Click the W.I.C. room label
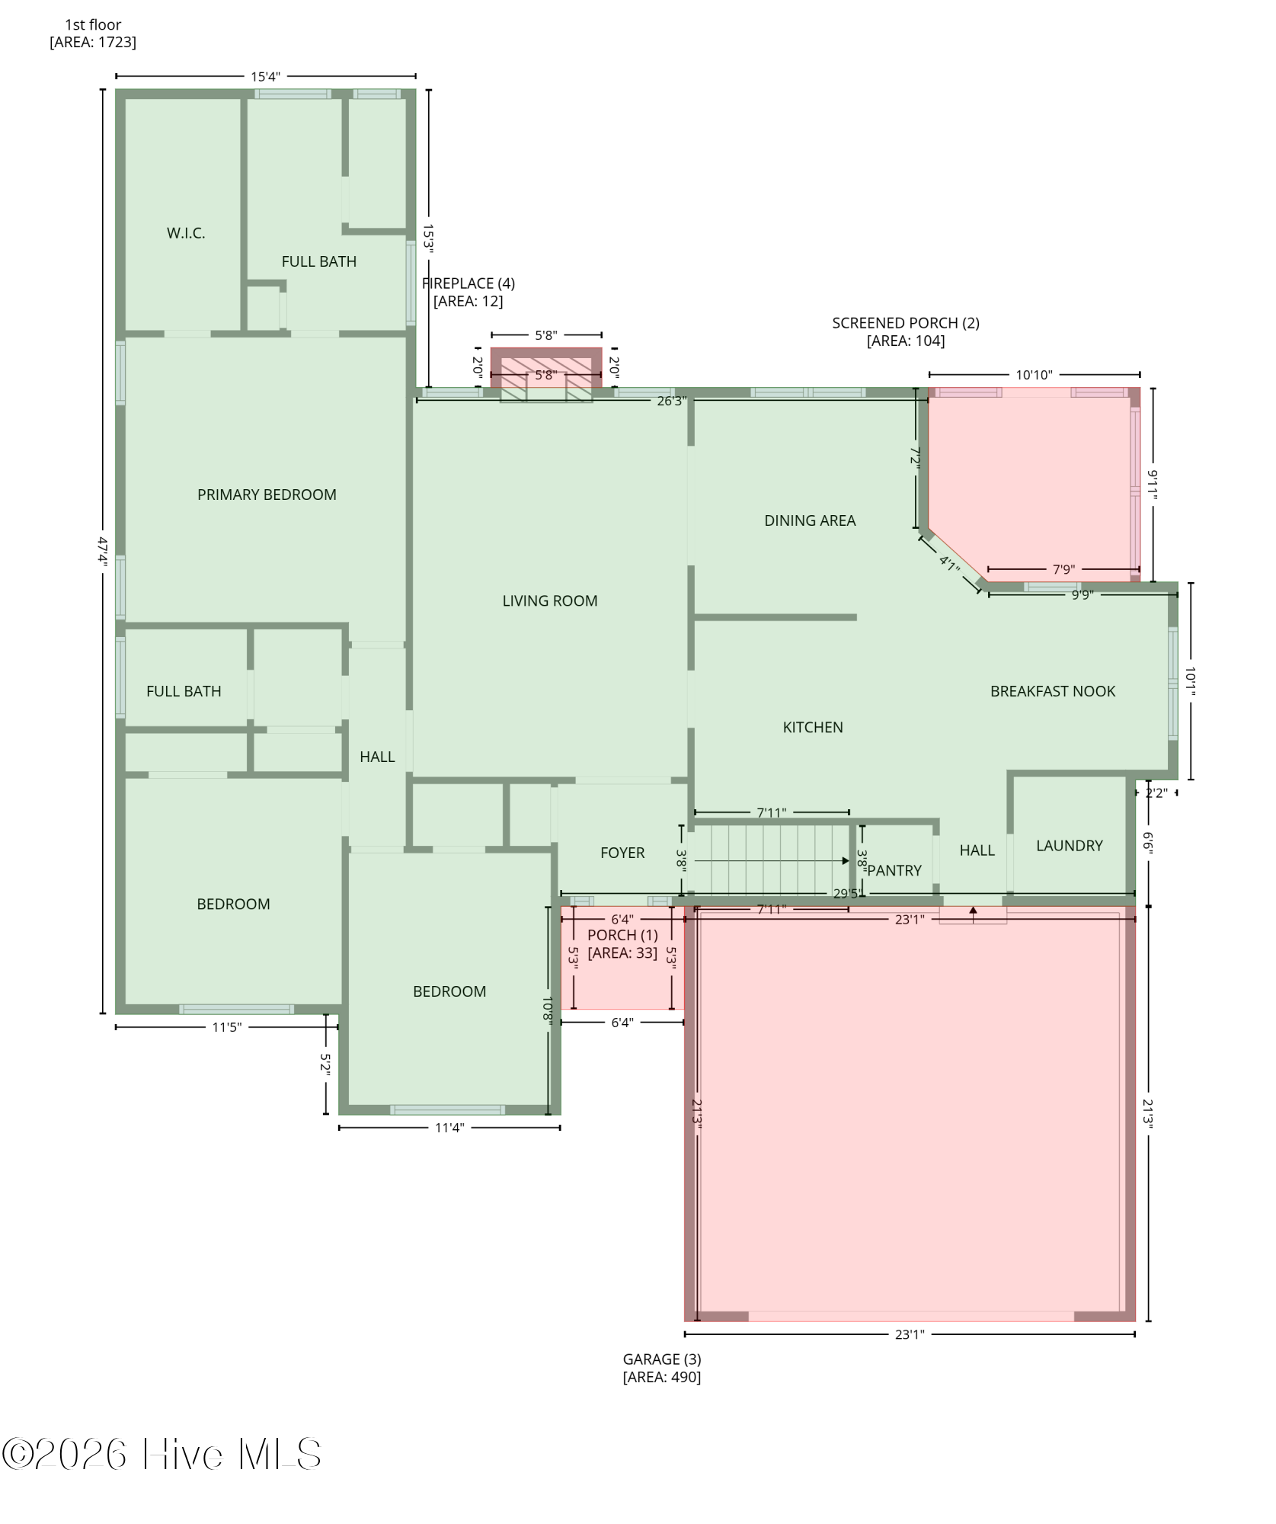[x=186, y=233]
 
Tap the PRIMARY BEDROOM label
[x=267, y=495]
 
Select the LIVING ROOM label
[x=550, y=600]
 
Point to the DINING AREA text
[x=810, y=520]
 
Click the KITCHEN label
[x=813, y=727]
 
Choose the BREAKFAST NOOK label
[x=1053, y=691]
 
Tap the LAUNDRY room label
[x=1070, y=845]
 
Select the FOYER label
[x=622, y=853]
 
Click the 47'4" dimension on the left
[x=103, y=550]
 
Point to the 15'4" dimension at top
[x=265, y=76]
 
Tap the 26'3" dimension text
[x=672, y=401]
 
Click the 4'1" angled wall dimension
[x=949, y=565]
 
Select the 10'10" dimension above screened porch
[x=1034, y=375]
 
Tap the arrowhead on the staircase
[x=846, y=861]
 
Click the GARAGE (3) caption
[x=662, y=1359]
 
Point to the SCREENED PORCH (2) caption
[x=906, y=323]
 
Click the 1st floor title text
[x=93, y=25]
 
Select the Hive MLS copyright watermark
[x=161, y=1454]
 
